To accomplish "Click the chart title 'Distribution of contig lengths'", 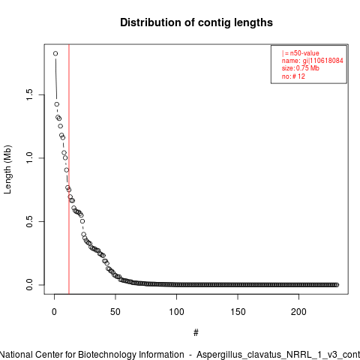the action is point(196,22).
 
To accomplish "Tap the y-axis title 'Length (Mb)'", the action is point(7,169).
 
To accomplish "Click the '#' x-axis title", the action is point(196,333).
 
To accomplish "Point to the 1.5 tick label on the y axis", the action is point(29,94).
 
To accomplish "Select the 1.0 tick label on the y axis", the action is point(29,158).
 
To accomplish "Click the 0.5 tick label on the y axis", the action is point(29,221).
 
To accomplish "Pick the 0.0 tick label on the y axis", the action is point(29,285).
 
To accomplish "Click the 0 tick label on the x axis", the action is point(54,312).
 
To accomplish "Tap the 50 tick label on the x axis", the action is point(115,312).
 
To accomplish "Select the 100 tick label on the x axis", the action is point(176,312).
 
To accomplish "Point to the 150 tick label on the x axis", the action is point(238,312).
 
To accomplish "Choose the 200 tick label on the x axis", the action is point(298,312).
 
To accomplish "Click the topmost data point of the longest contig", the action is point(55,53).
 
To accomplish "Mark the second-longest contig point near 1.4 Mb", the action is point(57,104).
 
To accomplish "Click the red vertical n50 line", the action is point(69,169).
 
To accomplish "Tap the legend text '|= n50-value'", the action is point(301,53).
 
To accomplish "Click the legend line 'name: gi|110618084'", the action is point(313,61).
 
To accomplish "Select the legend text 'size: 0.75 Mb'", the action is point(301,68).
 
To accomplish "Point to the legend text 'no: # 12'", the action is point(293,76).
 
